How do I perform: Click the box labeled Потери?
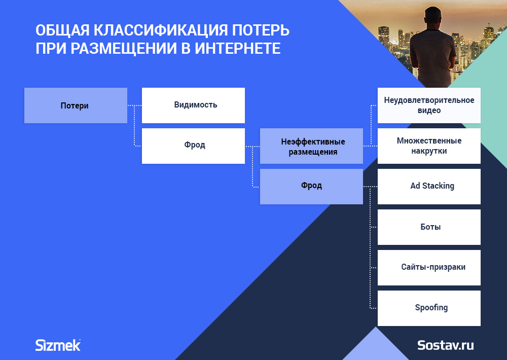76,105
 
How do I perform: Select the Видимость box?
193,105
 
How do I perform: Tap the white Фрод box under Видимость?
193,146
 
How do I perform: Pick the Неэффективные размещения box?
311,146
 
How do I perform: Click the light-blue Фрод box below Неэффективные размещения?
311,186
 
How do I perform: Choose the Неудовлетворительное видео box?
429,105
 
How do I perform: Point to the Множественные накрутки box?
429,146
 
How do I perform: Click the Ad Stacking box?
429,186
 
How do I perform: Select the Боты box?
429,227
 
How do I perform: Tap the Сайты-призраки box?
429,268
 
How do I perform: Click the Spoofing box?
429,308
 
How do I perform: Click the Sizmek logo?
58,345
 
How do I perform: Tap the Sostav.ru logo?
446,345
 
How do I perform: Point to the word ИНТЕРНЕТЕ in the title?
238,49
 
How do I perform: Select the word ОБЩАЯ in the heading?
62,31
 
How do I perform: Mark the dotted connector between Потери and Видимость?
134,105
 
